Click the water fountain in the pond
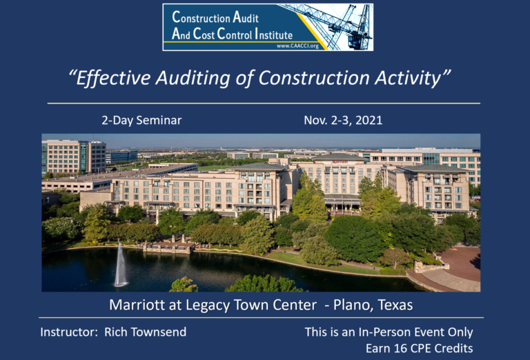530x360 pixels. [x=121, y=266]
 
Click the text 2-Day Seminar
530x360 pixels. [x=141, y=121]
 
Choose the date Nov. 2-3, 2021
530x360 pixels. [x=343, y=121]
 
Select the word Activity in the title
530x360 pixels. [x=410, y=79]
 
